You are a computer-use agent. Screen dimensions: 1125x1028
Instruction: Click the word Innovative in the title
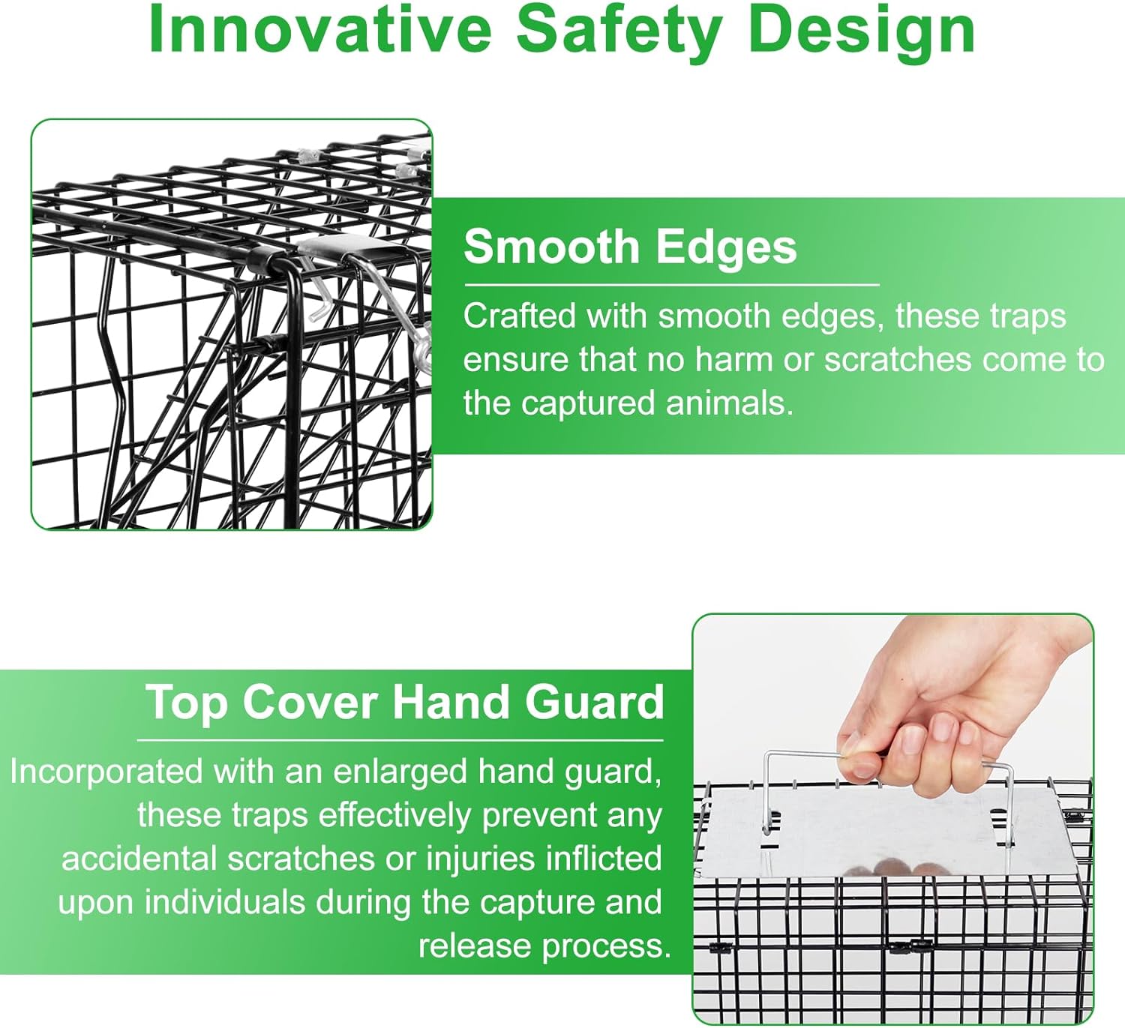(320, 31)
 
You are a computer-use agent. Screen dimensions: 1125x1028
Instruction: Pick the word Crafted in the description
(519, 315)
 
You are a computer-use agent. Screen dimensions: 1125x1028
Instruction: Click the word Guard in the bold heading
(595, 702)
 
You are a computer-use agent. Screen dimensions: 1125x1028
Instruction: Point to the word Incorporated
(106, 771)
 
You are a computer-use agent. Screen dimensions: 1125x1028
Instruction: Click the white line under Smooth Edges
(672, 285)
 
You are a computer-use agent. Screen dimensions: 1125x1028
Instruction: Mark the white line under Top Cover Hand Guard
(400, 740)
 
